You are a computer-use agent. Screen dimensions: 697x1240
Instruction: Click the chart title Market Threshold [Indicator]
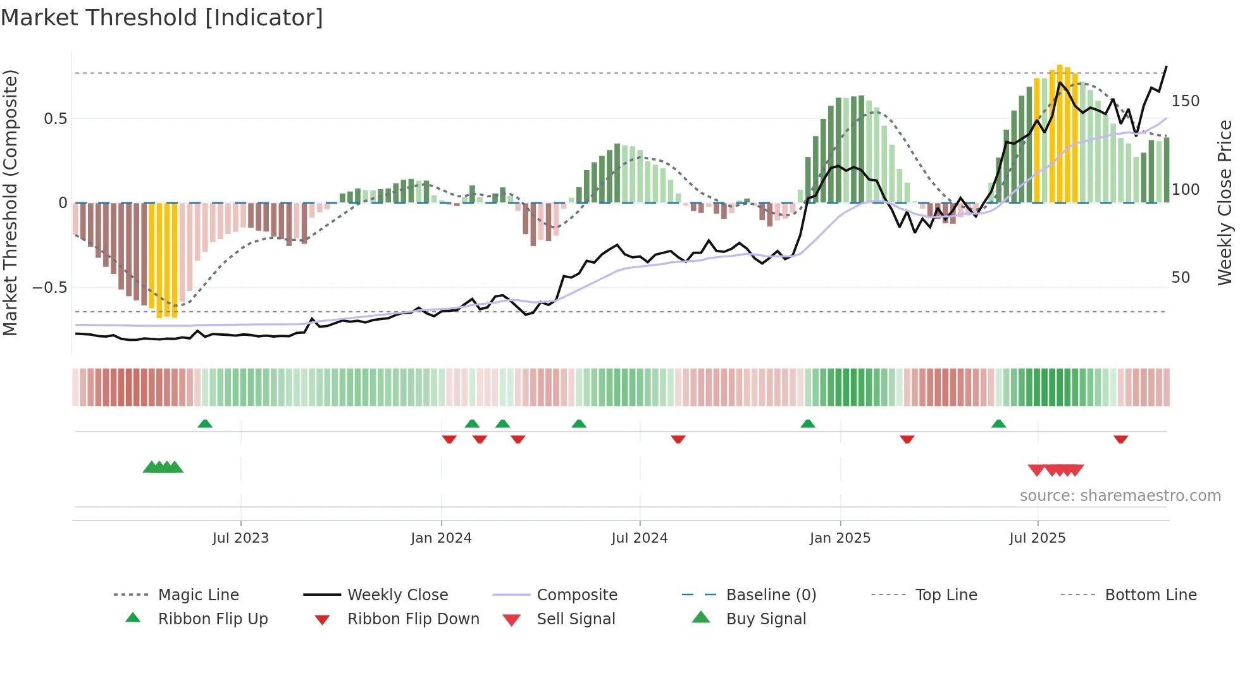162,18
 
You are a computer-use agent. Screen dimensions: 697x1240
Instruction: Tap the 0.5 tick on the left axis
55,119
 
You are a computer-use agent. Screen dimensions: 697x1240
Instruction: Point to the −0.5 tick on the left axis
50,288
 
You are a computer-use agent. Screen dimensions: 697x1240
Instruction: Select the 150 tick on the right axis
1185,101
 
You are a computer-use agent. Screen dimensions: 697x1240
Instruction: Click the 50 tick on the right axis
1181,278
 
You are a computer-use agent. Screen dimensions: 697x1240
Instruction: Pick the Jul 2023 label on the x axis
240,538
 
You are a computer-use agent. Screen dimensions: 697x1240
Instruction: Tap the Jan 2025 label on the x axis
840,538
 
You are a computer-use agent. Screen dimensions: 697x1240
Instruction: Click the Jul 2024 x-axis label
639,538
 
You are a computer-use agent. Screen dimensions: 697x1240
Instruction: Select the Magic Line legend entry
198,595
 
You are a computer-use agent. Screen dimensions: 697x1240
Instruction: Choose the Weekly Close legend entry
397,595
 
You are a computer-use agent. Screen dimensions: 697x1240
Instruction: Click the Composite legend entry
576,595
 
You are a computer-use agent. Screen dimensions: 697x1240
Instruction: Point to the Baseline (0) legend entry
771,595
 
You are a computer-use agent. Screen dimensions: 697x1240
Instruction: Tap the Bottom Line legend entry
1150,595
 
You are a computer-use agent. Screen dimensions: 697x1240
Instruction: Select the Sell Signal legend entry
575,619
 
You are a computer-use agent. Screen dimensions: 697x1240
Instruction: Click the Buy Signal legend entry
766,619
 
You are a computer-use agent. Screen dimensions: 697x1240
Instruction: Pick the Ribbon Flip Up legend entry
213,619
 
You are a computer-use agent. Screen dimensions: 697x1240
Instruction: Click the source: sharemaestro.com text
1120,496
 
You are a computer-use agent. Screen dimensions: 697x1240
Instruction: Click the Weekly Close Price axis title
1225,202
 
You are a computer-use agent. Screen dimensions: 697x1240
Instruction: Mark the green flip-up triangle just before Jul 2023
205,424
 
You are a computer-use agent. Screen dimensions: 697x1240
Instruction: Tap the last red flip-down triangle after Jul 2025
1120,439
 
